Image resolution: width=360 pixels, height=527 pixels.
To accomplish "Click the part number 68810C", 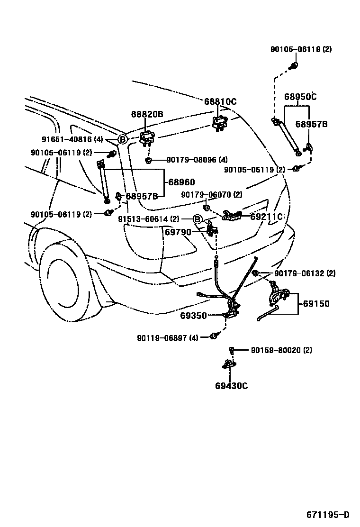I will coord(220,102).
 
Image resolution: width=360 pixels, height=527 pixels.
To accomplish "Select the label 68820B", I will coord(147,114).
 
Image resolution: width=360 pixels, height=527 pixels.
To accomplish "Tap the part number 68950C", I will coord(300,97).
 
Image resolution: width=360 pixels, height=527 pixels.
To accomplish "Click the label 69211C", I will coord(267,217).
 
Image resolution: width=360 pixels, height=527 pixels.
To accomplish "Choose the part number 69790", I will coord(178,233).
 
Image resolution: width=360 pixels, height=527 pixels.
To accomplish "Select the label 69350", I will coord(193,316).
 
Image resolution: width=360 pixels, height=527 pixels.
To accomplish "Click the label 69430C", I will coord(231,386).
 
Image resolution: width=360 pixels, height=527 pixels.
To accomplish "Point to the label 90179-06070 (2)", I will coord(212,195).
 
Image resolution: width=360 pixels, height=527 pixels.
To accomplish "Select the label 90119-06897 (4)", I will coord(168,337).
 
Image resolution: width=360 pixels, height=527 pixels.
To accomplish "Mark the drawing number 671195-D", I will coord(327,515).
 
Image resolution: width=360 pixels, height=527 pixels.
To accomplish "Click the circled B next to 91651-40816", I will coord(122,139).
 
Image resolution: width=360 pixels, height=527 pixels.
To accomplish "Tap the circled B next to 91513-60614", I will coord(198,219).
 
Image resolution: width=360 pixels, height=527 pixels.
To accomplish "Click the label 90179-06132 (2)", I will coord(305,273).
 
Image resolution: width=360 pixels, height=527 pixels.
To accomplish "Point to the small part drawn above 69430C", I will coord(231,350).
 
